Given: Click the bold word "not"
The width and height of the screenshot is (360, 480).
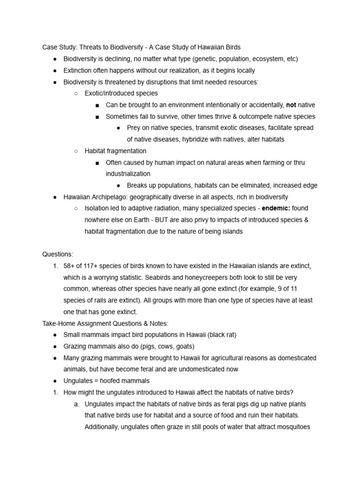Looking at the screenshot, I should pos(291,105).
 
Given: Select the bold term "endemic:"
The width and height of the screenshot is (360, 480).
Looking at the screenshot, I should pos(276,208).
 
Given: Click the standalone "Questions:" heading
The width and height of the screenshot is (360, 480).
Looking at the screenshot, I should pos(58,254).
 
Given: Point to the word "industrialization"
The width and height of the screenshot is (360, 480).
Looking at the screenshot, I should pos(128,174).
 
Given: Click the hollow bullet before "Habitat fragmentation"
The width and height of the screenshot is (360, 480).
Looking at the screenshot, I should pos(76,151).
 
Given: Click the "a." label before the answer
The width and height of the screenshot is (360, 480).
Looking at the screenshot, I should pos(77,404).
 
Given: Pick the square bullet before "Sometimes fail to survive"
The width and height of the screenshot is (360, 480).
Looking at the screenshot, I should pos(97,117).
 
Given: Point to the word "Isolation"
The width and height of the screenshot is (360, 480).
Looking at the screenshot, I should pos(98,208).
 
